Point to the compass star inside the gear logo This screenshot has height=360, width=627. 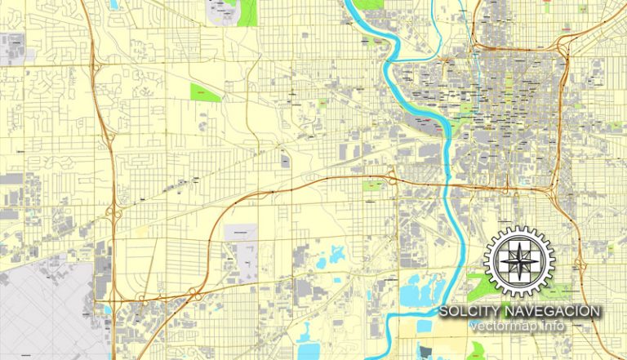point(519,261)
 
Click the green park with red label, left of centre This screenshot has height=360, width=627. point(205,92)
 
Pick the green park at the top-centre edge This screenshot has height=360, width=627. point(246,11)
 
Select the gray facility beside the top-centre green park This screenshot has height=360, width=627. point(220,11)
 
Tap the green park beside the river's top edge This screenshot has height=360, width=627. point(369,4)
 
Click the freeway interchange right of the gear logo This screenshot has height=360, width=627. point(580,265)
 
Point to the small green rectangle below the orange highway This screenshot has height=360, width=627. point(372,186)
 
